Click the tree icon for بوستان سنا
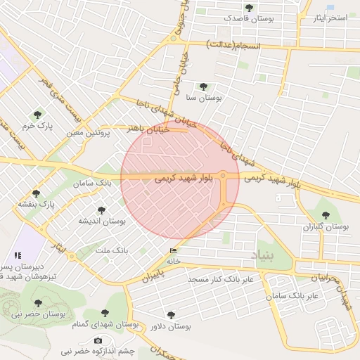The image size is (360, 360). tap(203, 86)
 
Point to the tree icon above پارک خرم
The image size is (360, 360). tap(37, 114)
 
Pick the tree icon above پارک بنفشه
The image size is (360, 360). tap(37, 193)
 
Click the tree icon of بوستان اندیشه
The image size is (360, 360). tap(102, 210)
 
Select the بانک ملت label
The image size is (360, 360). tap(111, 250)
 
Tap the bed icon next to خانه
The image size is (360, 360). tap(173, 251)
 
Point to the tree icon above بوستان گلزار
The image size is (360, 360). tap(325, 215)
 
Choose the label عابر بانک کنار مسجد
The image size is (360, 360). tap(220, 280)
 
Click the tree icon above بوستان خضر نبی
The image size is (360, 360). tap(37, 304)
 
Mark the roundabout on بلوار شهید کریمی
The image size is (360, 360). tap(223, 175)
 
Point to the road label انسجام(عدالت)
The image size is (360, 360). tap(234, 44)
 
